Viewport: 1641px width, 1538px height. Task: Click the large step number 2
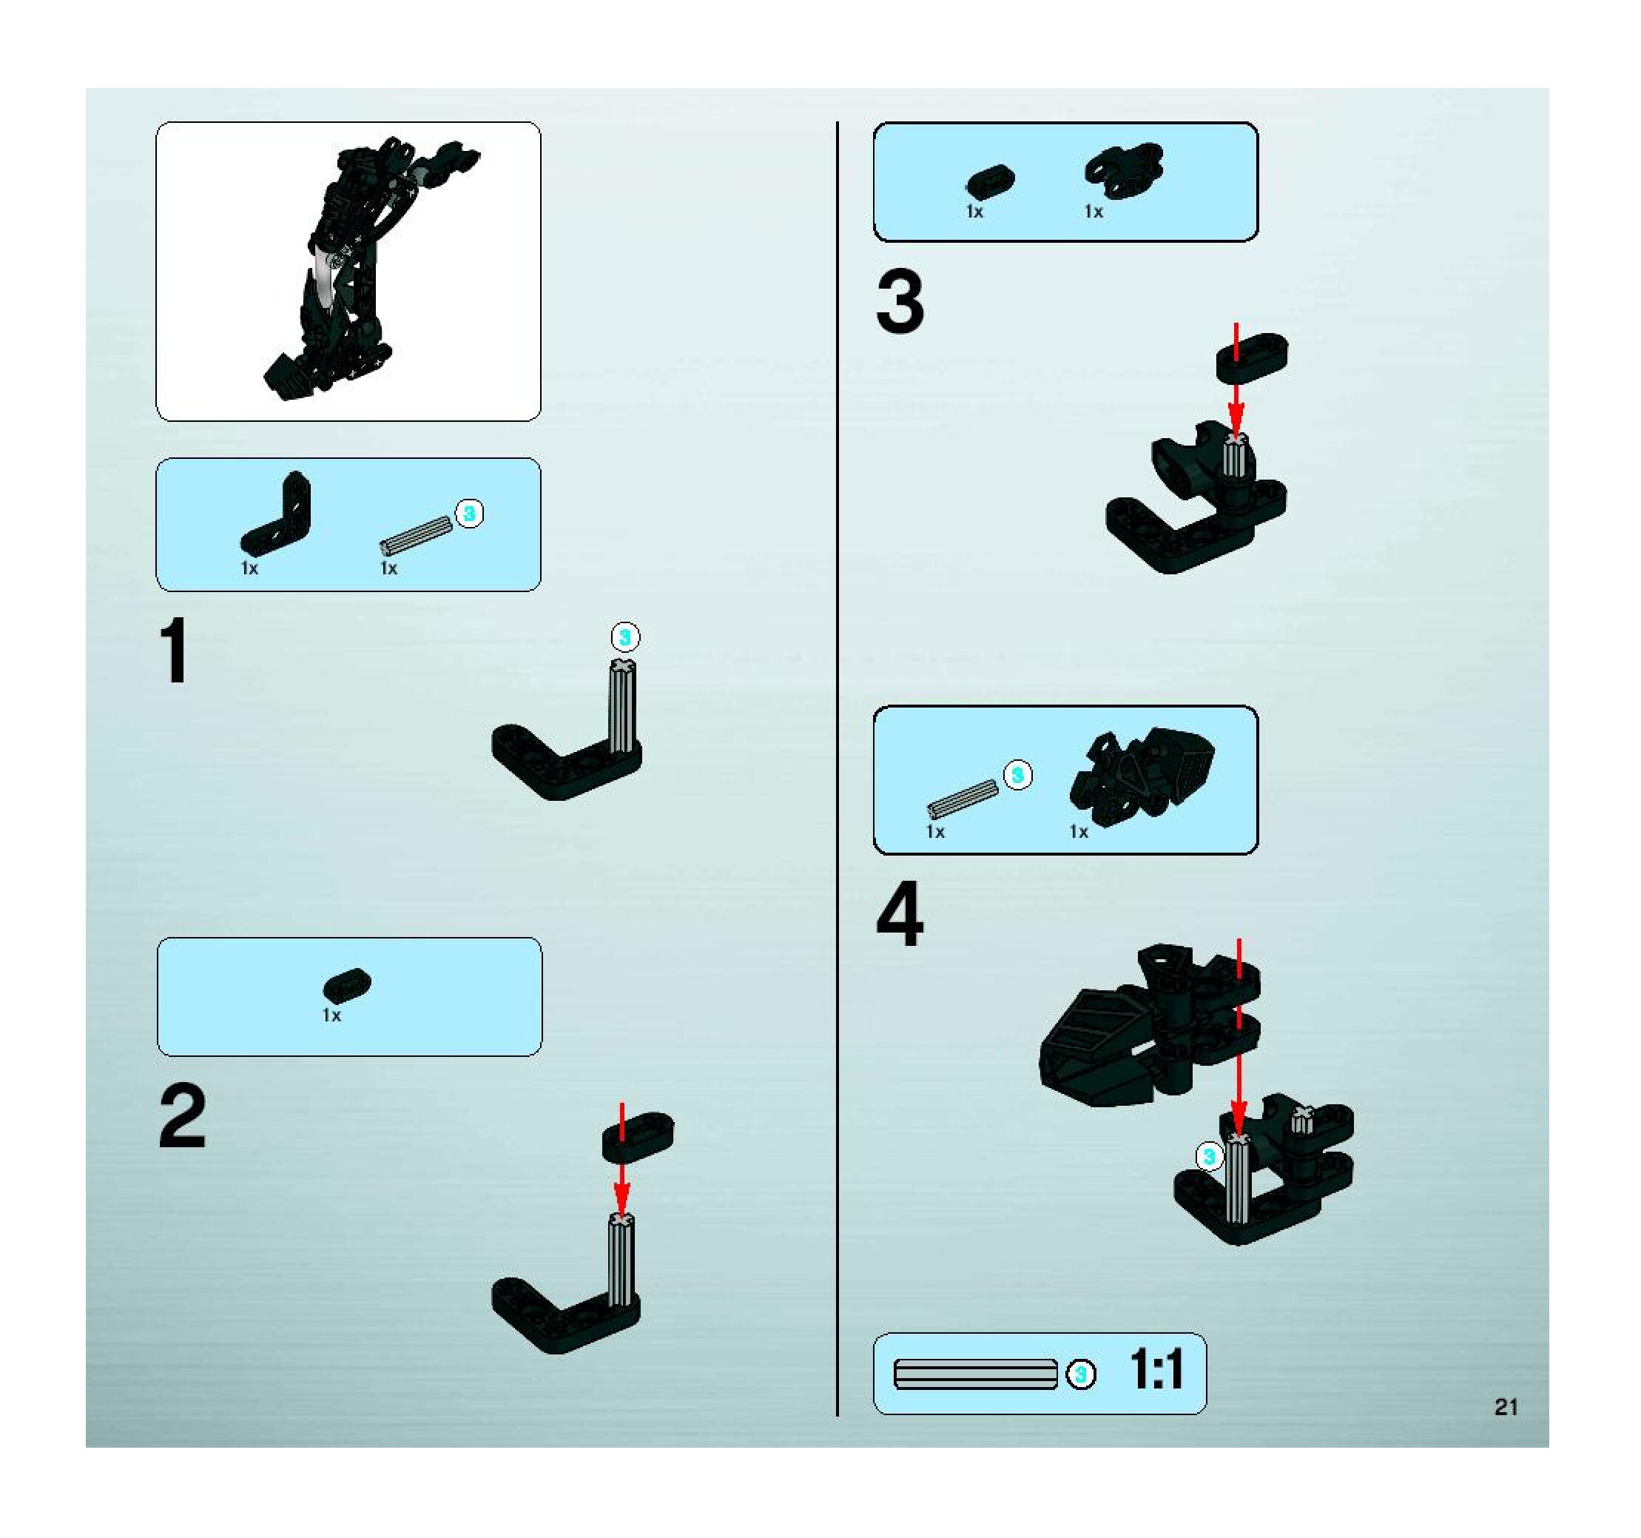tap(183, 1116)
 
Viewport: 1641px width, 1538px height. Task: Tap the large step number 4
tap(900, 914)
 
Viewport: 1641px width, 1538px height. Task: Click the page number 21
tap(1506, 1407)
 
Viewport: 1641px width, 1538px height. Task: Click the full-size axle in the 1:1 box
tap(976, 1374)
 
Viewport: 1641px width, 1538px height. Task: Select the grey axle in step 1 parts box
tap(417, 536)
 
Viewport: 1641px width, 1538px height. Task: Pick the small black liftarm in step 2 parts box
tap(348, 983)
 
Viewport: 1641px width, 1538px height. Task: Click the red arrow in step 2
tap(621, 1159)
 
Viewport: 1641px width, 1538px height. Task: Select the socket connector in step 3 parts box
tap(1125, 170)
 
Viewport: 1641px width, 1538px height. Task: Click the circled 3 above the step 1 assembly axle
tap(625, 637)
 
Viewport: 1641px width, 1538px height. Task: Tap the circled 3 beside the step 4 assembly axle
tap(1209, 1156)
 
